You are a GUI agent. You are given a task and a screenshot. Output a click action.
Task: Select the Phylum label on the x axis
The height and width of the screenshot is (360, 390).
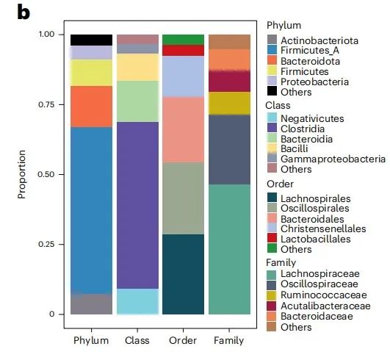(x=91, y=340)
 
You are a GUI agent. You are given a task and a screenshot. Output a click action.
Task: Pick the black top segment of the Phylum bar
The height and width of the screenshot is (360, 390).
(x=91, y=40)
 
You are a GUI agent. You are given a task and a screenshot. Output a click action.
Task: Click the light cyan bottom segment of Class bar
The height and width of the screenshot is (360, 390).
(x=137, y=301)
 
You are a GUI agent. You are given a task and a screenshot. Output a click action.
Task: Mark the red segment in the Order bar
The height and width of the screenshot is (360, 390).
(x=184, y=51)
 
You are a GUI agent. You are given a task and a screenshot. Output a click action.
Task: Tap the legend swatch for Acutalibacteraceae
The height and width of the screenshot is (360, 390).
(x=272, y=305)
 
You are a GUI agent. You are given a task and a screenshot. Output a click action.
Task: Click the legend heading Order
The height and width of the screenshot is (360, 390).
(x=279, y=184)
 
